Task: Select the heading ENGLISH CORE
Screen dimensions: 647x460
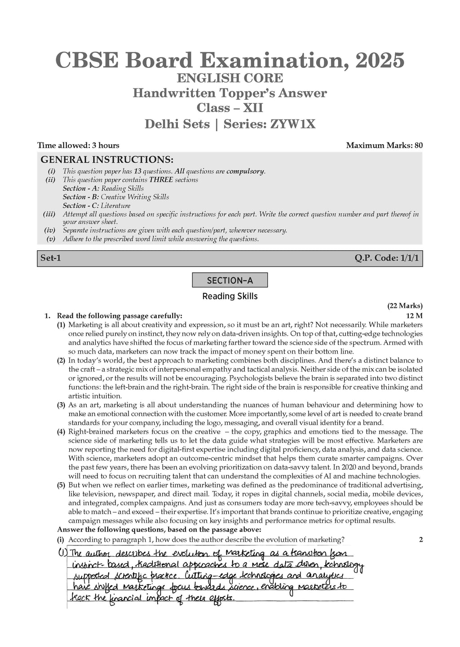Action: coord(230,78)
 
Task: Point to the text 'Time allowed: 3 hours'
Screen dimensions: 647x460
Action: coord(78,145)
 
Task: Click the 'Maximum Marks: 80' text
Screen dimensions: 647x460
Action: coord(384,145)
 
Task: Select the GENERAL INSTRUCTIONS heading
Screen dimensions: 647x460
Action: coord(107,160)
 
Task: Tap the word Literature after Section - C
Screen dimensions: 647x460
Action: coord(115,205)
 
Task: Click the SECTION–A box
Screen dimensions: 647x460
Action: coord(230,280)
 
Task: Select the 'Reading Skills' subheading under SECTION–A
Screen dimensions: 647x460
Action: coord(230,296)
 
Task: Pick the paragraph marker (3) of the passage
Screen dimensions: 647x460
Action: coord(61,405)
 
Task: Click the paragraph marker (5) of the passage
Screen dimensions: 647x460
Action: coord(61,485)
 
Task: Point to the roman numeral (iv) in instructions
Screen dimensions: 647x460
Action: coord(49,230)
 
